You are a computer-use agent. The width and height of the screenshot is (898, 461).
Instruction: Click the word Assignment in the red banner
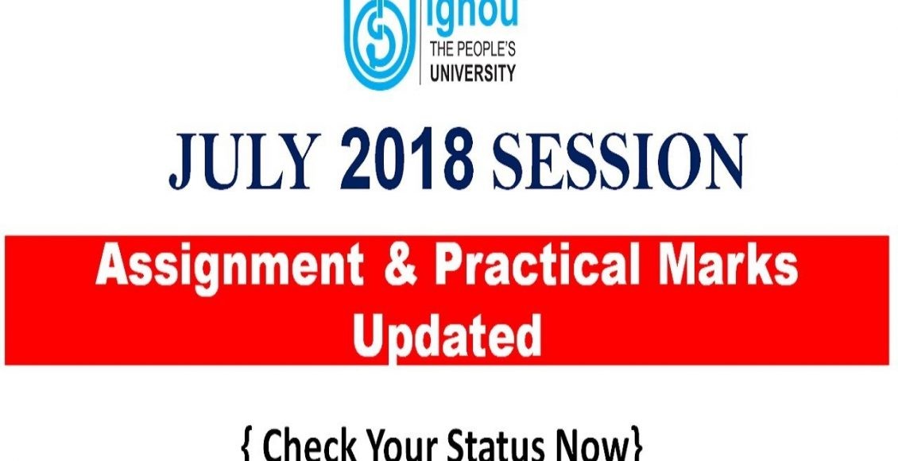click(x=229, y=269)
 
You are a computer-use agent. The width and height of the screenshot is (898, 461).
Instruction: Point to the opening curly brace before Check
click(x=248, y=447)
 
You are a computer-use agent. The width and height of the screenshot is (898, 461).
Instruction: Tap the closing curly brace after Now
click(x=636, y=447)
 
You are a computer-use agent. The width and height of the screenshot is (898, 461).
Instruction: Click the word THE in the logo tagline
click(x=442, y=50)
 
